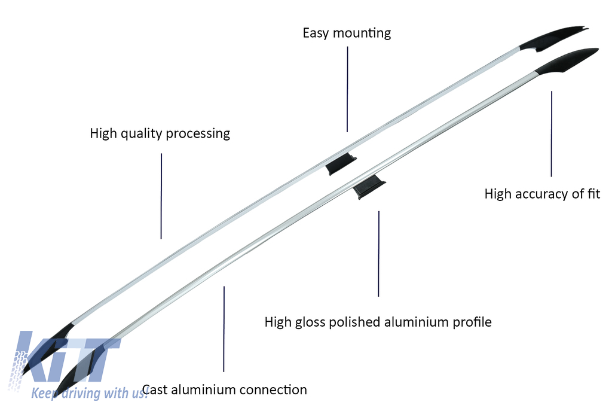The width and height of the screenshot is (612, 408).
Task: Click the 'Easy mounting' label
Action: coord(347,33)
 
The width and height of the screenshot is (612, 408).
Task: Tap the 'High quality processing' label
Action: coord(160,133)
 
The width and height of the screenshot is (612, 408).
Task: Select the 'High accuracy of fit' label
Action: coord(542,194)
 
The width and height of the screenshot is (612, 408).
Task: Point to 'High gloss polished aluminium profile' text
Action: coord(378,322)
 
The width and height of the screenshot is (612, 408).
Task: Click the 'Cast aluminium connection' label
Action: coord(225,390)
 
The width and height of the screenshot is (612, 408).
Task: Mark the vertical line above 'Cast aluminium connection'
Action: coord(224,329)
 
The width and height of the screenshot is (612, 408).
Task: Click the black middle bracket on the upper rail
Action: coord(341,163)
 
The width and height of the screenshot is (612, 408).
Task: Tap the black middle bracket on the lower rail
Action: coord(368,188)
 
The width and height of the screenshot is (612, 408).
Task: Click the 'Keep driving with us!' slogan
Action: coord(89,393)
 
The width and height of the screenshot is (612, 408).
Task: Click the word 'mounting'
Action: coord(362,34)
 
